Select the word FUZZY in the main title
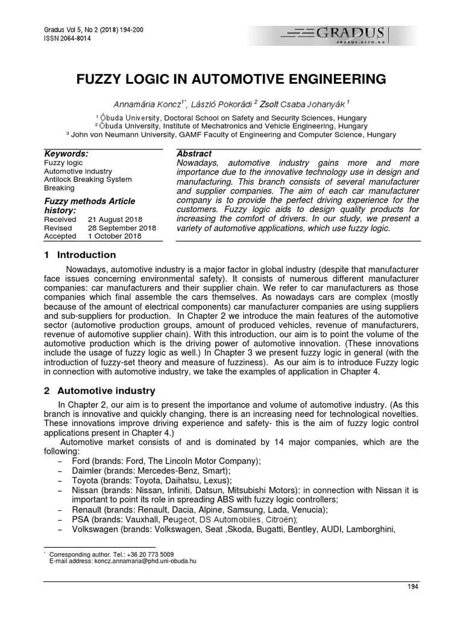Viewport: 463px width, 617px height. (x=102, y=79)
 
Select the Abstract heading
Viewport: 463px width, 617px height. (x=194, y=154)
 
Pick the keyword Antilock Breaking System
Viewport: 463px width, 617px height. (x=88, y=180)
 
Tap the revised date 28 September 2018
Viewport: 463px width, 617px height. (x=122, y=228)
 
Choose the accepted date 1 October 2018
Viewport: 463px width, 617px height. (x=115, y=236)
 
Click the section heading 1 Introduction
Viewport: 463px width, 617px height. (x=80, y=255)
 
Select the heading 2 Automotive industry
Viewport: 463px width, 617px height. (x=99, y=390)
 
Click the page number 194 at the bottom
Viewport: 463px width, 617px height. (x=412, y=586)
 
